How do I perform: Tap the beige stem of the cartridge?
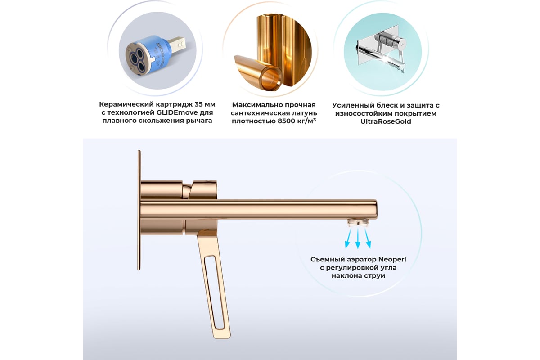pyautogui.click(x=176, y=44)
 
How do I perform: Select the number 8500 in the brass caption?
pyautogui.click(x=286, y=121)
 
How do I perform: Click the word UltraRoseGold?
pyautogui.click(x=386, y=121)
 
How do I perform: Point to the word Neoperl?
pyautogui.click(x=392, y=260)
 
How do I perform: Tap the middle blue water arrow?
pyautogui.click(x=358, y=238)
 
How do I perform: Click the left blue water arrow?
pyautogui.click(x=348, y=238)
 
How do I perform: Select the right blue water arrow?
pyautogui.click(x=367, y=238)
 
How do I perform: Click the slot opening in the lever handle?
pyautogui.click(x=214, y=292)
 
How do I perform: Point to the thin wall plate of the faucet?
pyautogui.click(x=139, y=210)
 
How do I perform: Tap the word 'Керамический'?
pyautogui.click(x=126, y=104)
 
